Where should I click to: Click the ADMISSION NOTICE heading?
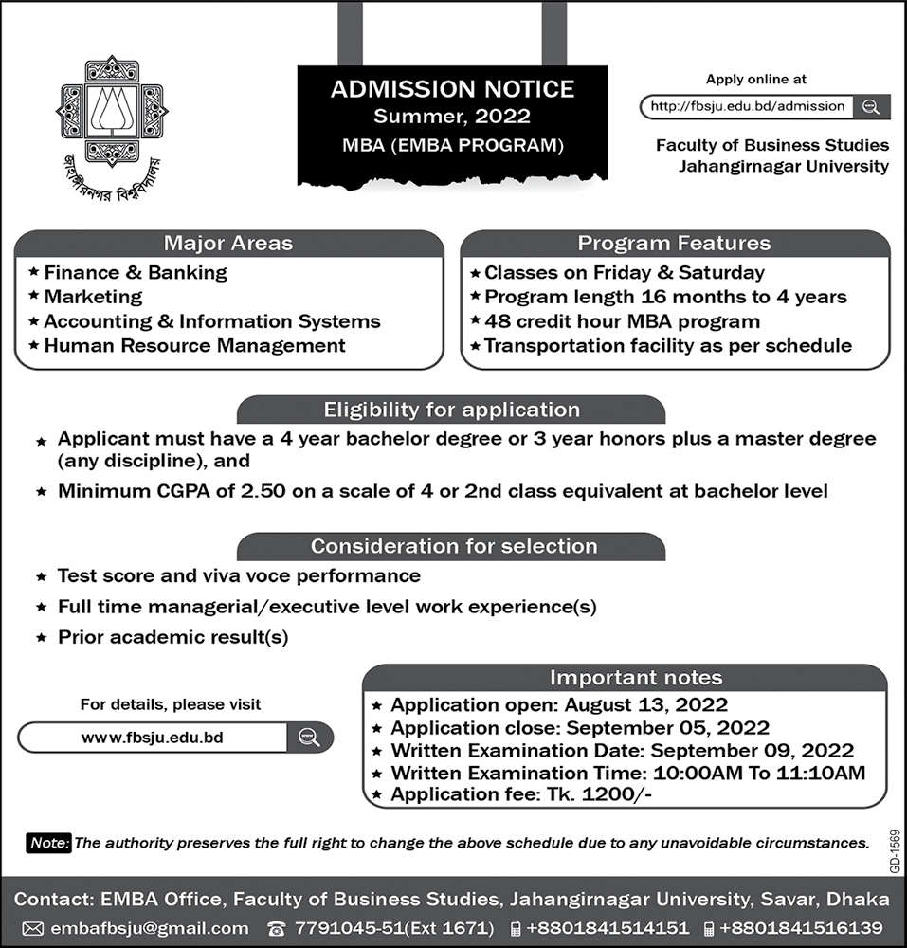pyautogui.click(x=452, y=89)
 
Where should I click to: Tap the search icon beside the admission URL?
pyautogui.click(x=871, y=106)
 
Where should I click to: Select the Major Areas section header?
pyautogui.click(x=228, y=244)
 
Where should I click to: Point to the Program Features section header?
pyautogui.click(x=674, y=244)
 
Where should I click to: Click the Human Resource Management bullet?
pyautogui.click(x=194, y=346)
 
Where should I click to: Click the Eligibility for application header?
pyautogui.click(x=451, y=410)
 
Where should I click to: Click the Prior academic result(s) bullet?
pyautogui.click(x=172, y=637)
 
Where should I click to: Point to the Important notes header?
pyautogui.click(x=636, y=677)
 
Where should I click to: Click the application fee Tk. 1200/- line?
pyautogui.click(x=521, y=794)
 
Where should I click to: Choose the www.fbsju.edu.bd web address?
pyautogui.click(x=153, y=737)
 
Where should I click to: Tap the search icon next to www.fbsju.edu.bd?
pyautogui.click(x=307, y=737)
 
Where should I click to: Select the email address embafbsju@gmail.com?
pyautogui.click(x=148, y=928)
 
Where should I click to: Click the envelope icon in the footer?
pyautogui.click(x=32, y=928)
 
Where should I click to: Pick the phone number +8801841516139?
pyautogui.click(x=802, y=928)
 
